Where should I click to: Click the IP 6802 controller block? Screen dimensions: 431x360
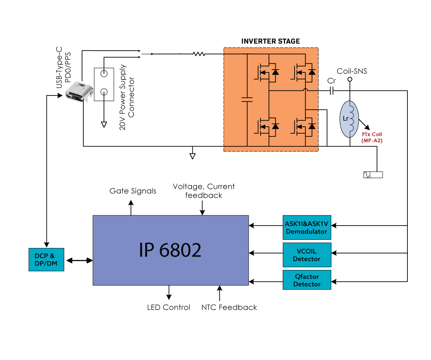[171, 250]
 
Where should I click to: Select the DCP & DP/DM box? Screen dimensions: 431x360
[46, 259]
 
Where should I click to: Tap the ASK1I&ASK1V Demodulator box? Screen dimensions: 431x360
[307, 228]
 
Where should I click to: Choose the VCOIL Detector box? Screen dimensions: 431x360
[307, 255]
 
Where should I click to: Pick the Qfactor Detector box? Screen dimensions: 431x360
[307, 280]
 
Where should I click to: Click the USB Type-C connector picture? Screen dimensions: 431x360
[79, 92]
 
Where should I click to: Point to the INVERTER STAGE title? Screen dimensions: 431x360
[271, 41]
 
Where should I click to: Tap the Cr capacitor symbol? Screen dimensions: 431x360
[332, 90]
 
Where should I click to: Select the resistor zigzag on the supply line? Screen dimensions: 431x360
[199, 54]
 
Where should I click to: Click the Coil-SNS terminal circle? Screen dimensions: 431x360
[350, 79]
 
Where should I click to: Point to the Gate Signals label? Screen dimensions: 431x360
[133, 191]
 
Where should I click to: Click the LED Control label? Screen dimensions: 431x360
[168, 307]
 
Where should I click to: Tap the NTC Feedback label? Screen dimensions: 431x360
[229, 307]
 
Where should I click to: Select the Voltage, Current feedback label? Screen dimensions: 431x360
[204, 191]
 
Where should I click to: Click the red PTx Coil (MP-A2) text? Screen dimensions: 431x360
[372, 138]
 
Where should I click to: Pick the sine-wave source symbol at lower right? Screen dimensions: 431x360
[373, 175]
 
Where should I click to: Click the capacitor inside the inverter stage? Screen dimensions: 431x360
[247, 99]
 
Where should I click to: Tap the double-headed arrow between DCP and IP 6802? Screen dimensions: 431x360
[79, 260]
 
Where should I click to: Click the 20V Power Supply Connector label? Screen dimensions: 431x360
[127, 97]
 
